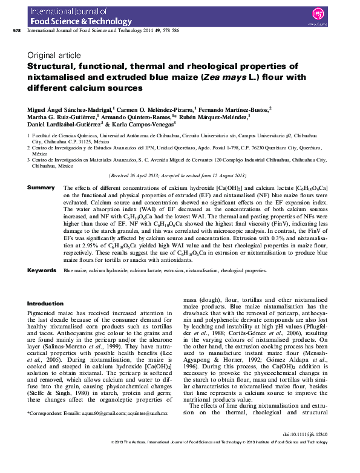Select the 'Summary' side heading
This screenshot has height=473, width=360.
(x=41, y=188)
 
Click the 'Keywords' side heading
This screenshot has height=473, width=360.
(x=42, y=270)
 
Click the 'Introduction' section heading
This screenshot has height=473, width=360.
(x=45, y=304)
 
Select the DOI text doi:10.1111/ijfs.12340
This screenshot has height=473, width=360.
(x=306, y=452)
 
